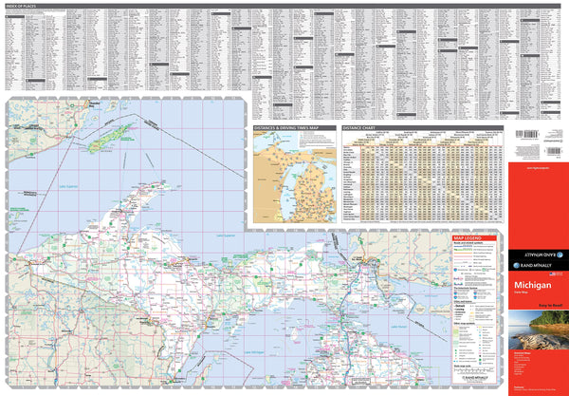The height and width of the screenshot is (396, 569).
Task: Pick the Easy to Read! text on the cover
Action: click(548, 297)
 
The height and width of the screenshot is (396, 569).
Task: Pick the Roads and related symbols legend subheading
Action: click(471, 246)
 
